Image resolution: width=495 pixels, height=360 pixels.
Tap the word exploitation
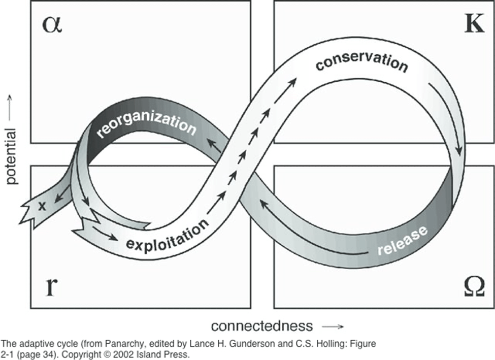tap(167, 236)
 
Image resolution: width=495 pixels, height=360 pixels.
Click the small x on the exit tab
tap(43, 206)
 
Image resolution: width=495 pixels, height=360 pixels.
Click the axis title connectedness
tap(261, 325)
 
